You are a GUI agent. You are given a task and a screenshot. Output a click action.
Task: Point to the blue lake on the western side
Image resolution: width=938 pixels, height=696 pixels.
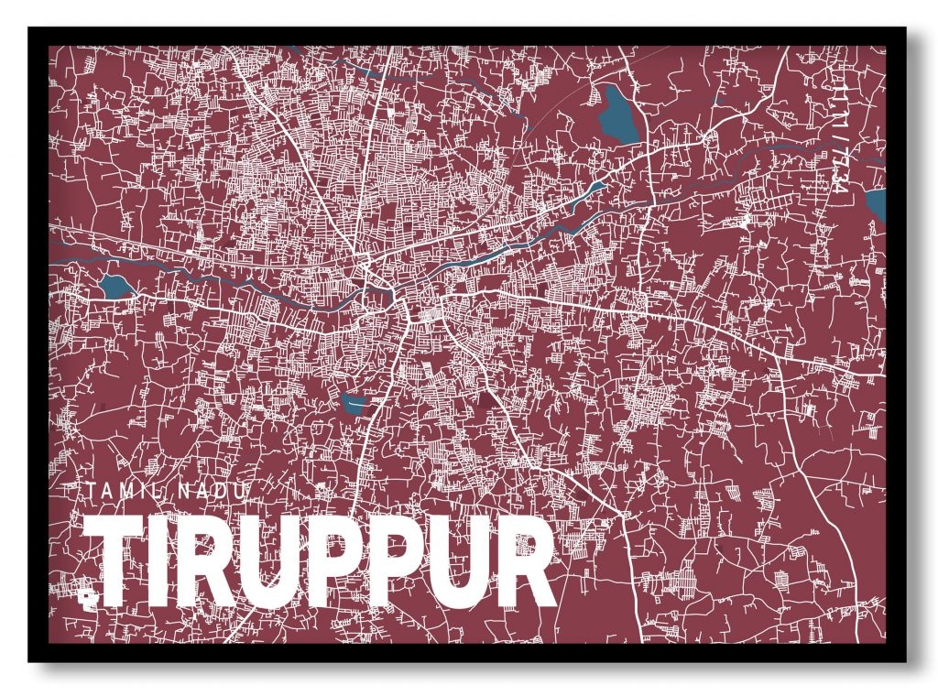[115, 286]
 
